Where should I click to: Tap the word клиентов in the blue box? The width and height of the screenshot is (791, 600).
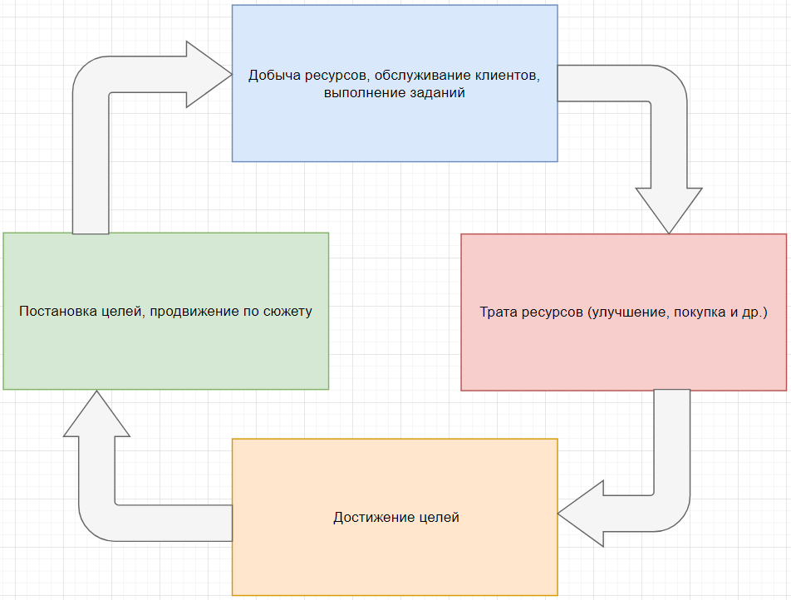click(508, 76)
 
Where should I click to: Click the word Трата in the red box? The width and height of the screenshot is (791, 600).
click(497, 312)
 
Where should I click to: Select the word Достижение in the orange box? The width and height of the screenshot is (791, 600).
click(370, 517)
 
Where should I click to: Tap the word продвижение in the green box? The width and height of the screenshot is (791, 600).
click(193, 312)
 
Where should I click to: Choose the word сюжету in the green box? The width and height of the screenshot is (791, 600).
click(286, 312)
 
